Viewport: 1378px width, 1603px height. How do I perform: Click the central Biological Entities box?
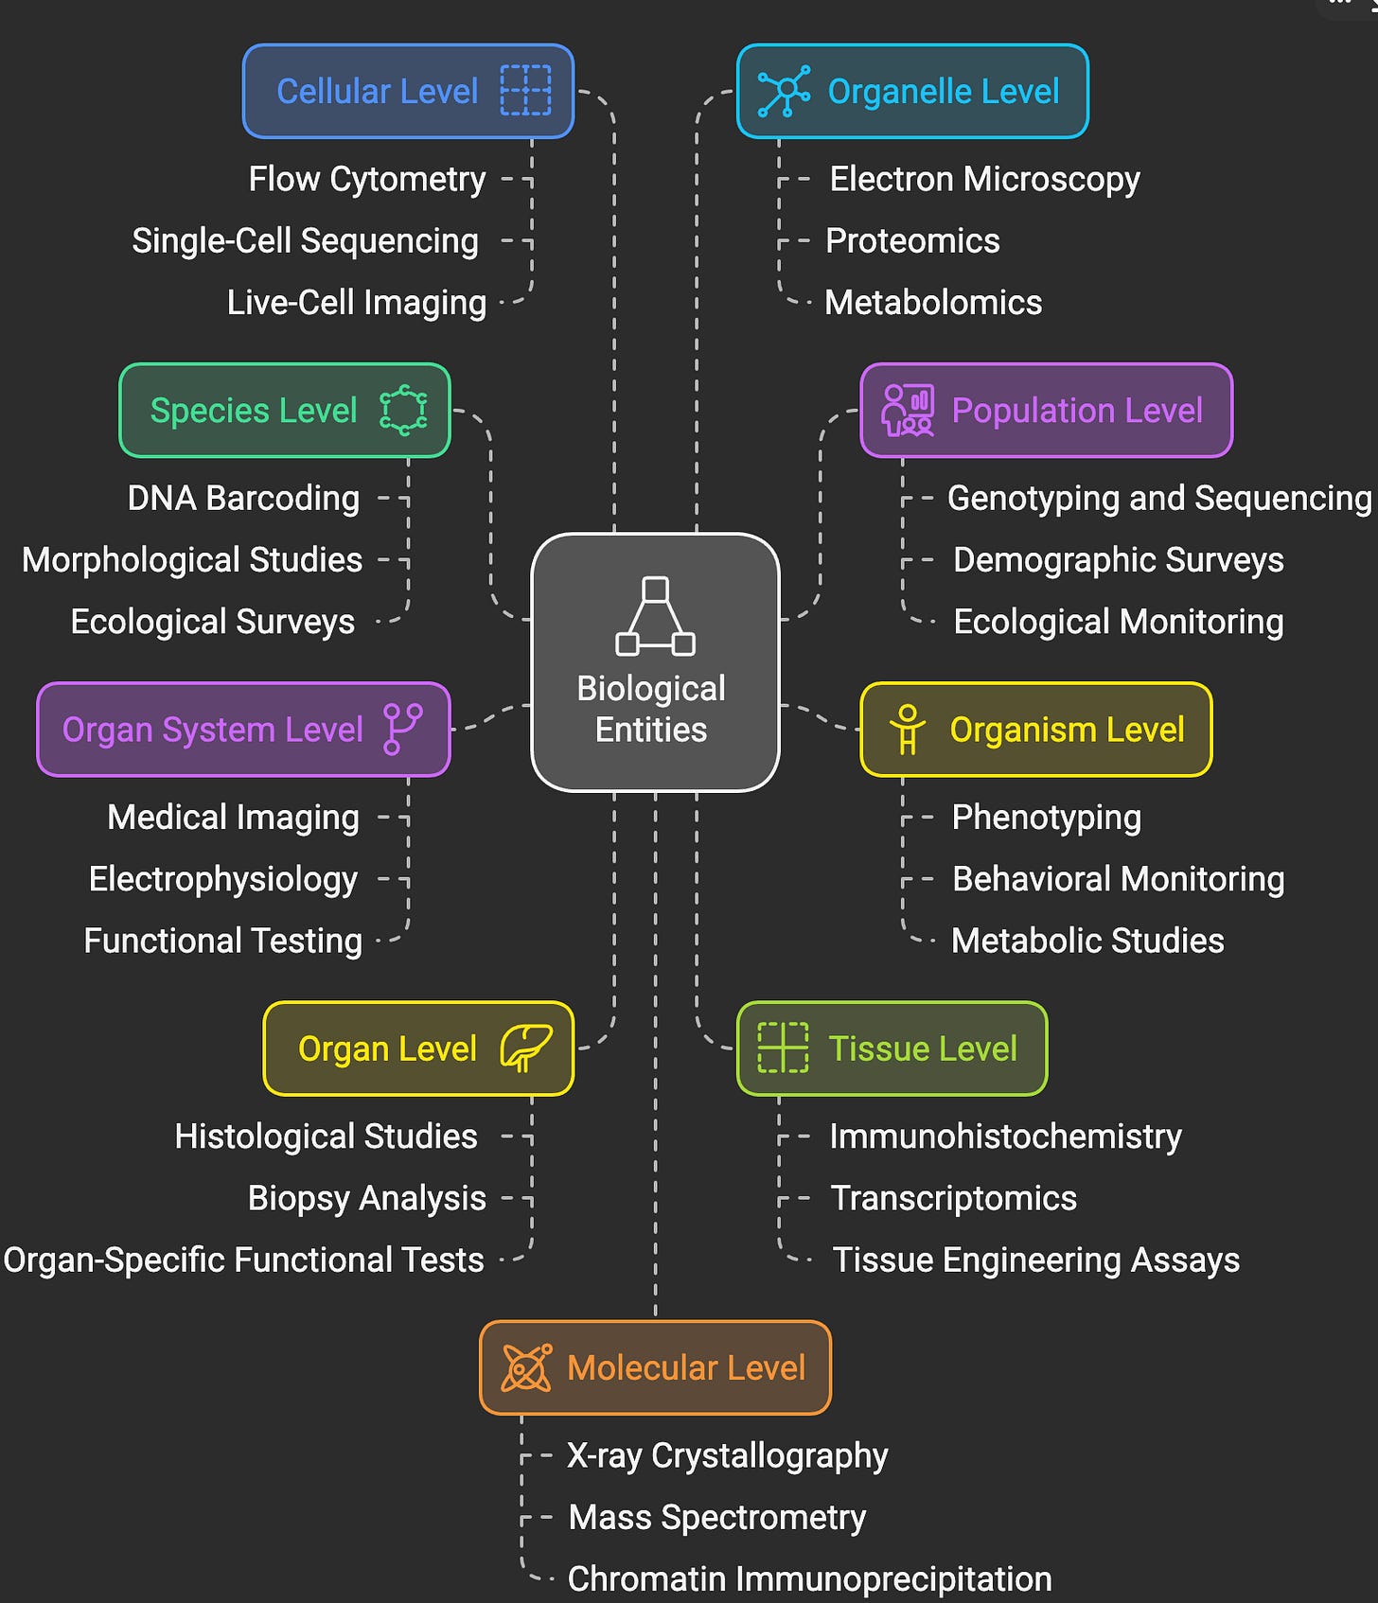655,661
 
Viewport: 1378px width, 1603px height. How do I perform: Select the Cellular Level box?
408,91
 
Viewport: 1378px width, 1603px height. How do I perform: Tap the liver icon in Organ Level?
525,1048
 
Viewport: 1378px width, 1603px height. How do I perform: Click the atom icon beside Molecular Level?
526,1367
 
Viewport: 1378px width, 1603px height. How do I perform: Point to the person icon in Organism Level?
907,730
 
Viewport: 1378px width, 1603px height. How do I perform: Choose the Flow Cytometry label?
367,179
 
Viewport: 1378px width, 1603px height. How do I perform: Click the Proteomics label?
912,240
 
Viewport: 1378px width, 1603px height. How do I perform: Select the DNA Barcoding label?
243,498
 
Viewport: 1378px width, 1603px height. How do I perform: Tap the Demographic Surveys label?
1118,559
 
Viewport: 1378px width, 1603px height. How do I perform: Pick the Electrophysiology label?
223,879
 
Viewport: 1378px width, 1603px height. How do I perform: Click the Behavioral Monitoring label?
1118,879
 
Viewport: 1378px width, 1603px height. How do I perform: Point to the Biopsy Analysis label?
367,1198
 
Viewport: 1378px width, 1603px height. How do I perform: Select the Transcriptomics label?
953,1198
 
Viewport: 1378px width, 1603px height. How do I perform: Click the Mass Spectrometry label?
716,1517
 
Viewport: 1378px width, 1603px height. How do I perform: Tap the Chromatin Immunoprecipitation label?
809,1578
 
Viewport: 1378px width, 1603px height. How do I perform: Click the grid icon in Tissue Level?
783,1048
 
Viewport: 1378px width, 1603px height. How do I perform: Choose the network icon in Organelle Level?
784,91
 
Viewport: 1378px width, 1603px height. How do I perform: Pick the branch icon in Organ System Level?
403,729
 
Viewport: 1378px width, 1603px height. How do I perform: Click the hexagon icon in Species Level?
403,410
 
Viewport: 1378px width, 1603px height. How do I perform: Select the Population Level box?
1046,410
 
